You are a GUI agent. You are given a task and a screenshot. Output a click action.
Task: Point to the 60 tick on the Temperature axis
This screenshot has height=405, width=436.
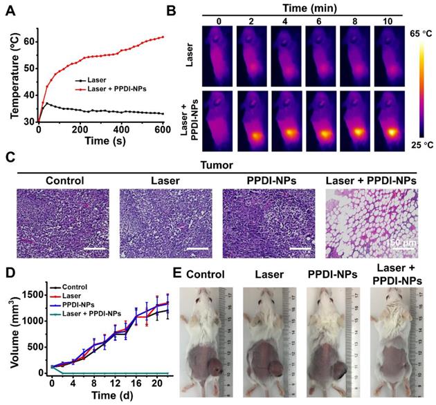pos(28,42)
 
